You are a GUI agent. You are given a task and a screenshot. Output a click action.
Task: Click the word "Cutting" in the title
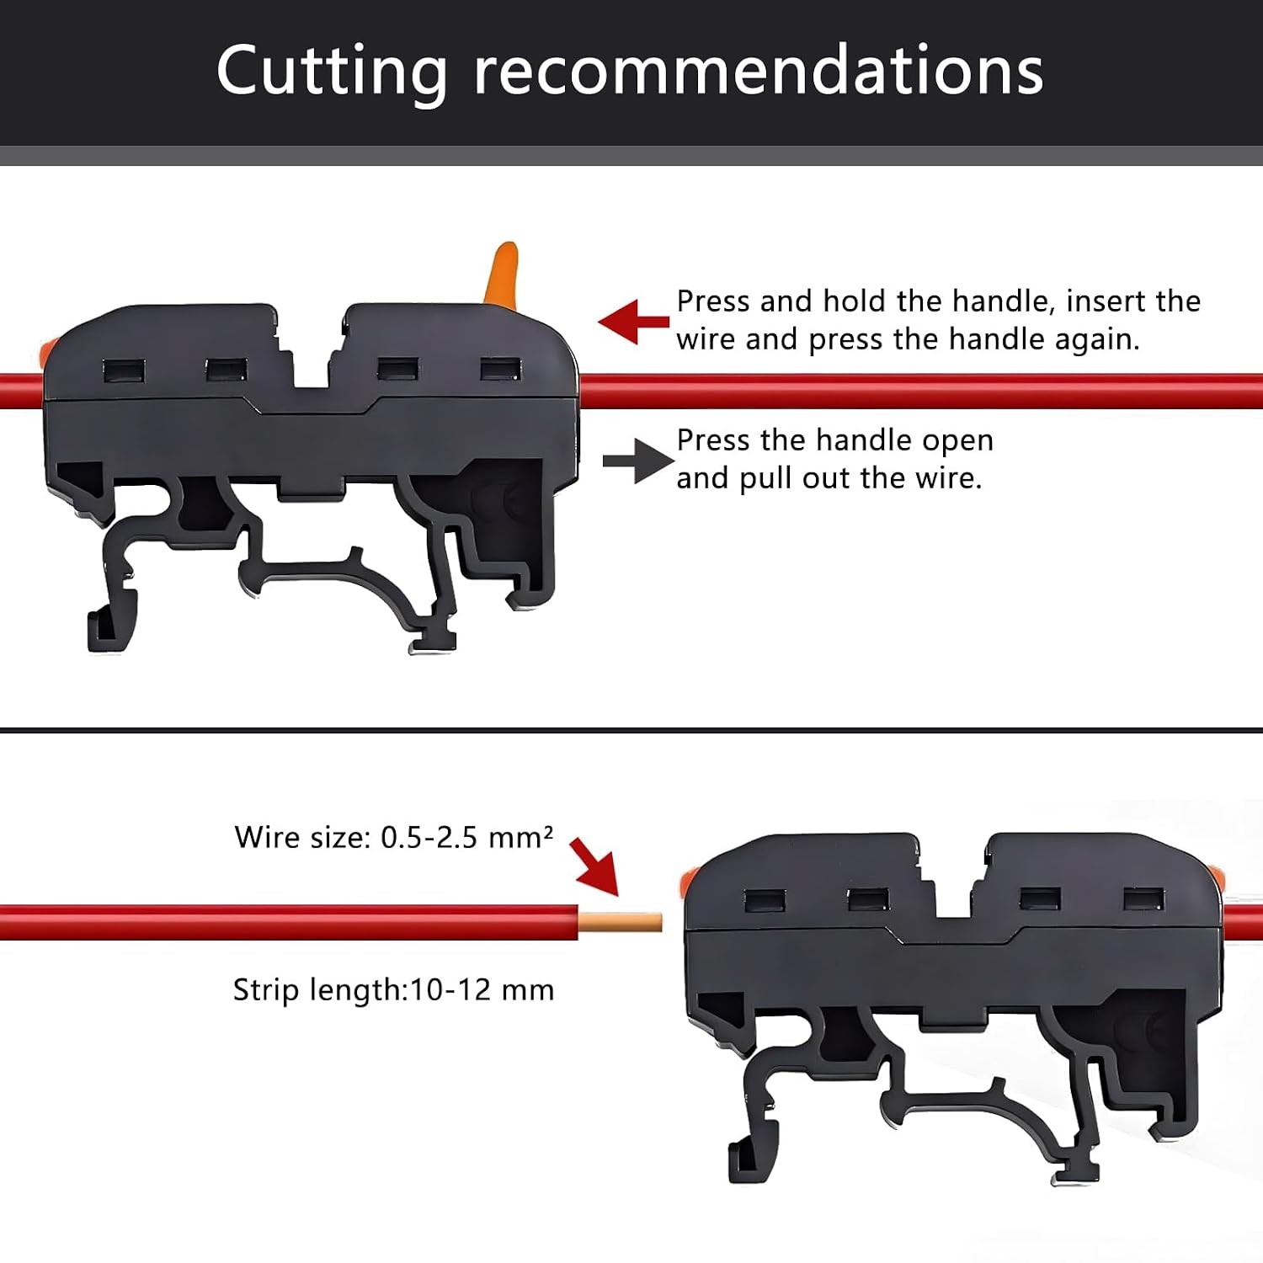(332, 72)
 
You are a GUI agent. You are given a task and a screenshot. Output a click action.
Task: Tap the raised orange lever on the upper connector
(502, 273)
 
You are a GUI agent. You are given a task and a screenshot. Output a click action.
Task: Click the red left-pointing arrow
(634, 322)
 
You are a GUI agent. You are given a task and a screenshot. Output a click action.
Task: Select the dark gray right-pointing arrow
(638, 461)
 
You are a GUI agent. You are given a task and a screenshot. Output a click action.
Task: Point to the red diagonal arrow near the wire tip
(594, 866)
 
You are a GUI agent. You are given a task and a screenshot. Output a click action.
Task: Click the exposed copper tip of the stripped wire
(621, 922)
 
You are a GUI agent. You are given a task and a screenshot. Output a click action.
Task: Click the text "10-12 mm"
(482, 989)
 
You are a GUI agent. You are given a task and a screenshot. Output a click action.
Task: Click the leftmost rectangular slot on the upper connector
(124, 370)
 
